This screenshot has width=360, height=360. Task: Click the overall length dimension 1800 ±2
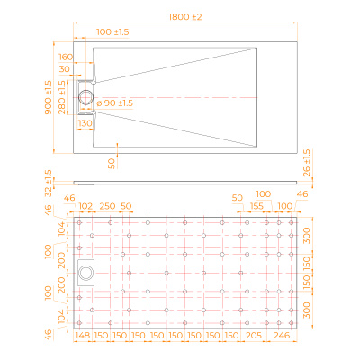click(185, 17)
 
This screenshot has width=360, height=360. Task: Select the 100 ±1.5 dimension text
click(112, 31)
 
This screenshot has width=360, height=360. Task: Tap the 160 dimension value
click(66, 57)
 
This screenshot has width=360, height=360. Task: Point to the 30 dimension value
click(65, 69)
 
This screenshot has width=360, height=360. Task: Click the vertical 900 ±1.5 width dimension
click(48, 97)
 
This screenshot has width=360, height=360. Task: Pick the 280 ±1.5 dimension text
click(62, 97)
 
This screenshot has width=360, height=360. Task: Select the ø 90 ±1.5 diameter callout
click(114, 103)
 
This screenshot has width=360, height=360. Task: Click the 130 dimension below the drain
click(85, 123)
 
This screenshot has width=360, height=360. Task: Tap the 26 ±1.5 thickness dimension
click(307, 163)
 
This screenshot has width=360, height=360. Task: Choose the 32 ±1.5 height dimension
click(49, 183)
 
